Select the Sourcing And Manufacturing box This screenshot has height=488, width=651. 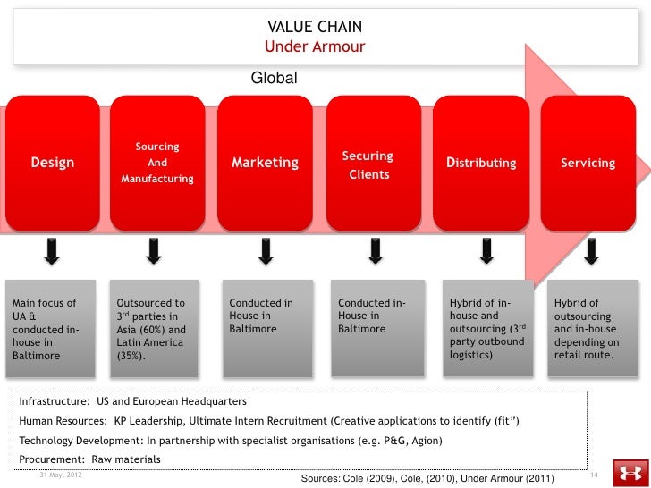157,163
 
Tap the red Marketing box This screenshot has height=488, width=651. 265,163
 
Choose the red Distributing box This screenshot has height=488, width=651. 481,163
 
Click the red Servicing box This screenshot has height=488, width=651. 588,163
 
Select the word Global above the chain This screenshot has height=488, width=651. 274,80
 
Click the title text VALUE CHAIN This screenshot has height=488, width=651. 315,28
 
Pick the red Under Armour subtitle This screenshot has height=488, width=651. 315,46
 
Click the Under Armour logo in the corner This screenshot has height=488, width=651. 630,473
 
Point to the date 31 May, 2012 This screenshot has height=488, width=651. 60,473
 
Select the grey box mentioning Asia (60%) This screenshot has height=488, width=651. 156,329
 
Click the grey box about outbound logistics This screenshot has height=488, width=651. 487,329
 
